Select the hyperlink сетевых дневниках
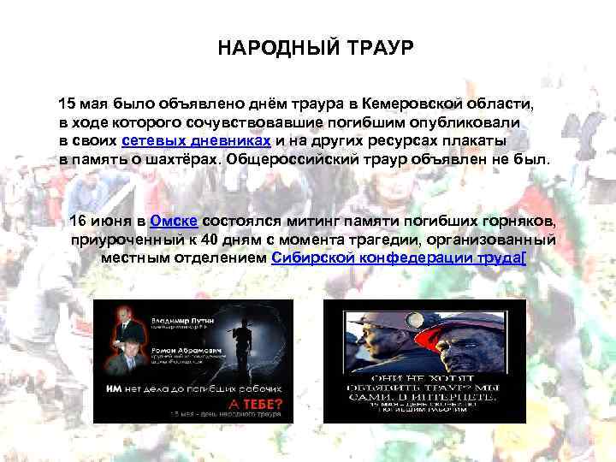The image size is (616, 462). tap(197, 141)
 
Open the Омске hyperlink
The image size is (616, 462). tap(174, 221)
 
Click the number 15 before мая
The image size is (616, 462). tap(68, 104)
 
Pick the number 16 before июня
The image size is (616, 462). tap(78, 221)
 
